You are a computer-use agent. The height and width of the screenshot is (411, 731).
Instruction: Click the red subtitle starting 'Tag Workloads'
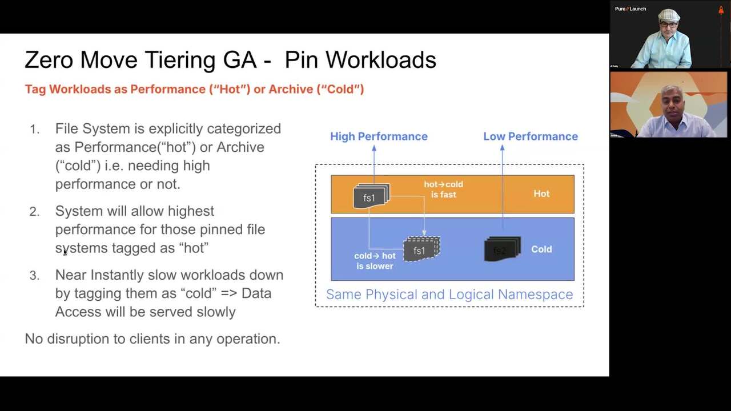pyautogui.click(x=194, y=89)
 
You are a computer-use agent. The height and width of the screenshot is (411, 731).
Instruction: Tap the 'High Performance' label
pyautogui.click(x=379, y=136)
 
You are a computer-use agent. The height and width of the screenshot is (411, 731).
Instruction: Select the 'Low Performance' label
pyautogui.click(x=531, y=136)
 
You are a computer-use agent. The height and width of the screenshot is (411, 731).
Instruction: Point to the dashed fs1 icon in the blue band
pyautogui.click(x=421, y=249)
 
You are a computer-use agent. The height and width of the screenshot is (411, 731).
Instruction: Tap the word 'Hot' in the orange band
pyautogui.click(x=541, y=194)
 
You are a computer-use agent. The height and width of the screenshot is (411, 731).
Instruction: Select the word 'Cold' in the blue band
pyautogui.click(x=541, y=249)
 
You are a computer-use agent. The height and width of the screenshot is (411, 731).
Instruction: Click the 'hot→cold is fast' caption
pyautogui.click(x=443, y=190)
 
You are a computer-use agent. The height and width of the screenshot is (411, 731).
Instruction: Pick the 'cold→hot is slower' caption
pyautogui.click(x=375, y=261)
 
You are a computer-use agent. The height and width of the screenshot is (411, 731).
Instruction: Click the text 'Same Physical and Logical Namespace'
pyautogui.click(x=449, y=295)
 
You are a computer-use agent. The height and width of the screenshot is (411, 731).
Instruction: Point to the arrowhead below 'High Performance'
pyautogui.click(x=374, y=148)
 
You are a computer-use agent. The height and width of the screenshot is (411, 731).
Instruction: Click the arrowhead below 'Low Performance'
pyautogui.click(x=502, y=148)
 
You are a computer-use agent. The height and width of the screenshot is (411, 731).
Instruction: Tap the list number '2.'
pyautogui.click(x=35, y=212)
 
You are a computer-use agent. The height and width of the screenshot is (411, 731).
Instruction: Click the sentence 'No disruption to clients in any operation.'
pyautogui.click(x=152, y=339)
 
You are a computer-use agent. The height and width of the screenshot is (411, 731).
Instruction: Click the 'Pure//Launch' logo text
pyautogui.click(x=630, y=9)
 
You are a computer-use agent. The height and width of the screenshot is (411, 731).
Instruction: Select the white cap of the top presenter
pyautogui.click(x=669, y=15)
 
